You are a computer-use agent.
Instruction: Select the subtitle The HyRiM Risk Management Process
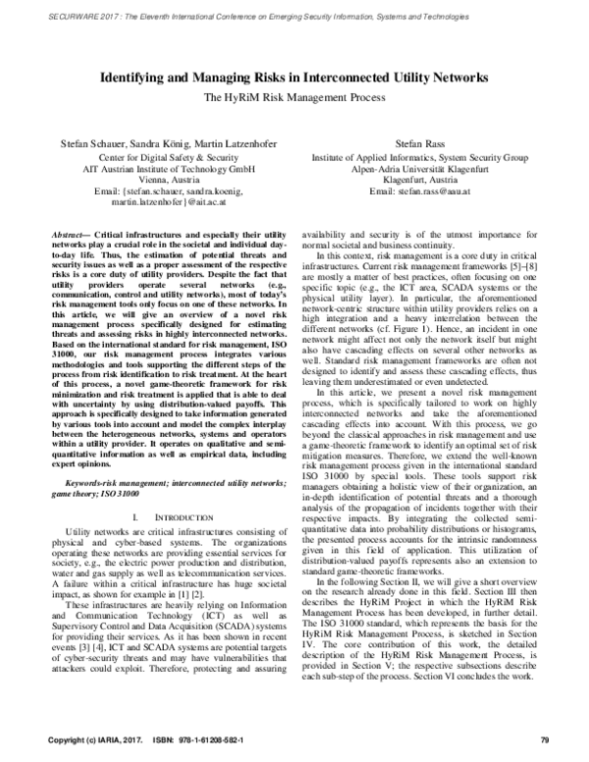pos(294,98)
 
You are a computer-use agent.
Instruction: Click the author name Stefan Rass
pos(419,144)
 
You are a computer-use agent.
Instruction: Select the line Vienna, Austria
pos(163,181)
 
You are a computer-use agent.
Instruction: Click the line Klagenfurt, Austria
pos(419,180)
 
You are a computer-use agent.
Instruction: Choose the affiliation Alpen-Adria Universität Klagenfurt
pos(419,168)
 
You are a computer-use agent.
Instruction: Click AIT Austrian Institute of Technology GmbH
pos(163,169)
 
